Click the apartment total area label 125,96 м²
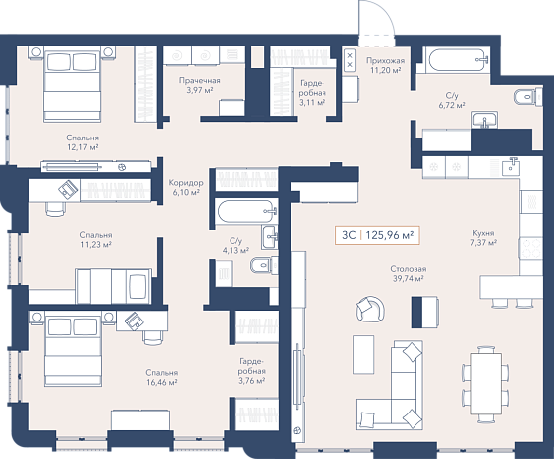(390, 235)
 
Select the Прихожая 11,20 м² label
(385, 65)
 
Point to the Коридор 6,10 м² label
(186, 187)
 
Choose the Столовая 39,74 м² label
(408, 273)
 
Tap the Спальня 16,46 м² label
(162, 377)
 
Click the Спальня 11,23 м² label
(96, 239)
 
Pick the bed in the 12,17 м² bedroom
(71, 84)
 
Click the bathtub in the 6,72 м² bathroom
(457, 60)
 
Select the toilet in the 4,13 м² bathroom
(264, 266)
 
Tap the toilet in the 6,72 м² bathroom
(528, 96)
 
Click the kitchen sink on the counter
(511, 166)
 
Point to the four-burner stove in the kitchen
(530, 248)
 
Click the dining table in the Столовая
(486, 384)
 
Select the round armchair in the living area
(370, 309)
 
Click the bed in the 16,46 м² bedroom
(73, 348)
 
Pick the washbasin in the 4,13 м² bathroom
(270, 236)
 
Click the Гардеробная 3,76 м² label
(252, 371)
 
